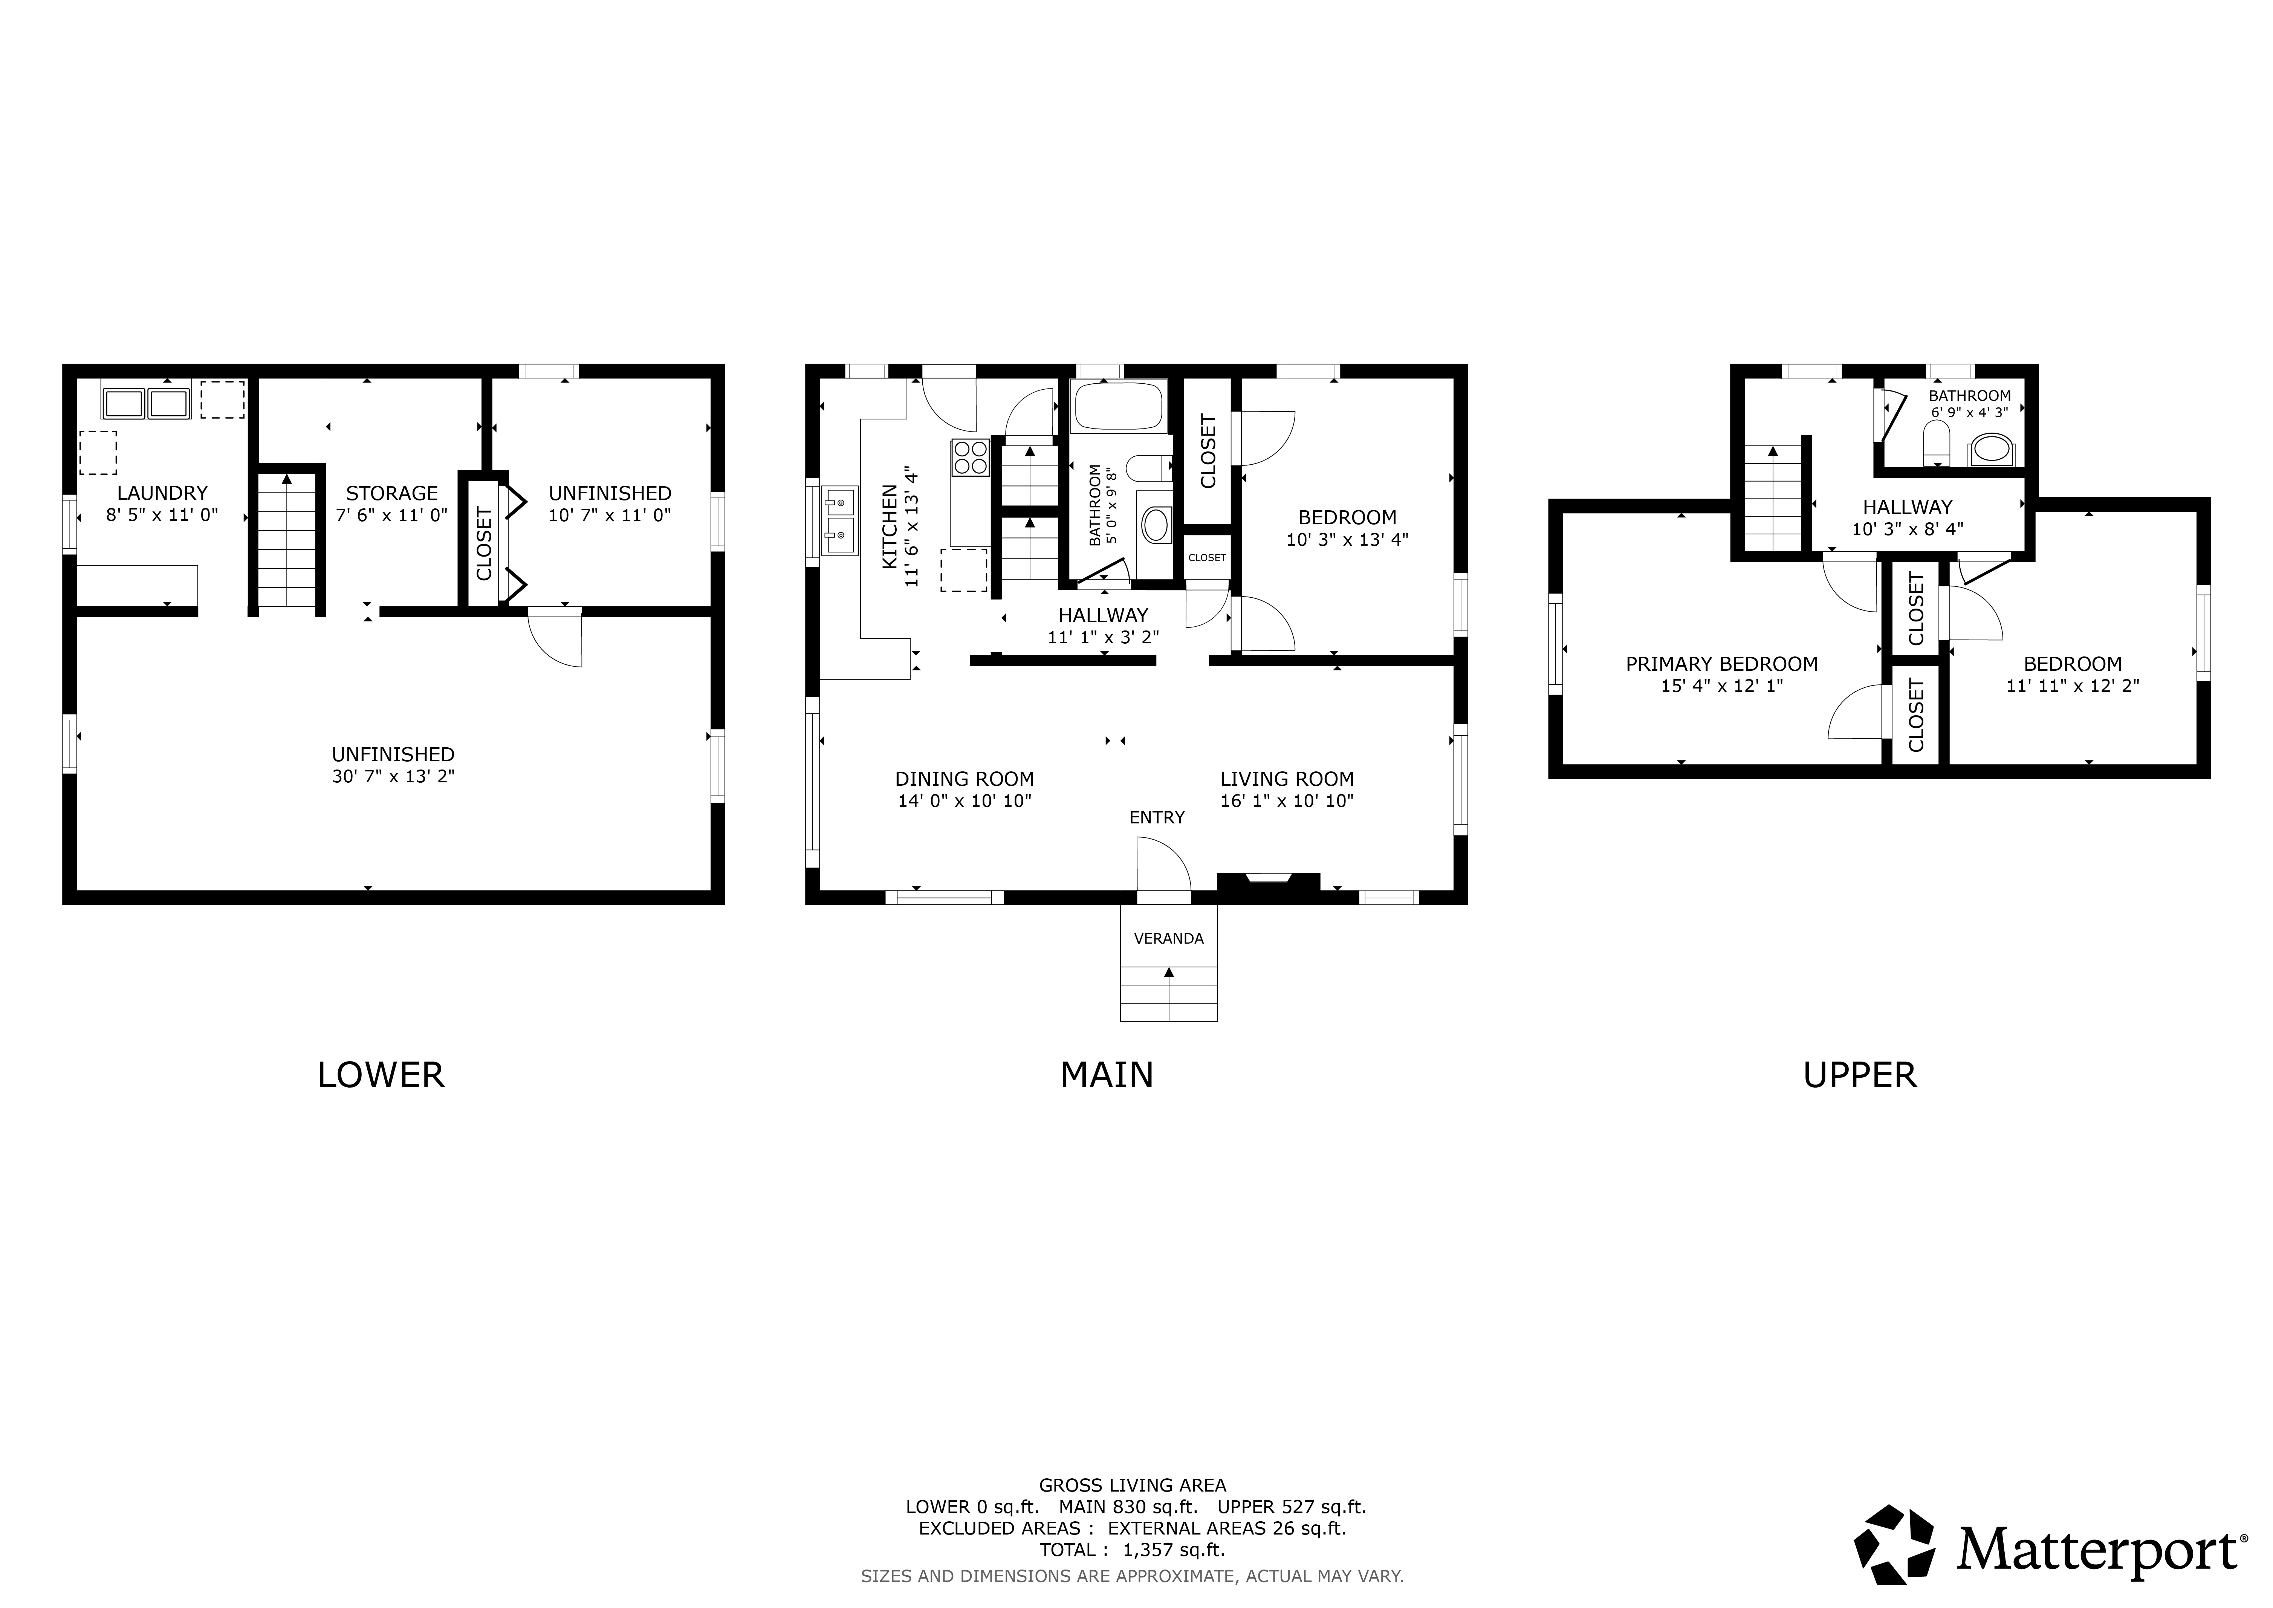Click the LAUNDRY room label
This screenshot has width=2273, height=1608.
coord(162,493)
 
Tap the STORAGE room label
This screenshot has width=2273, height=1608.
coord(392,493)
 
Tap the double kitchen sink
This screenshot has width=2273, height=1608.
coord(839,521)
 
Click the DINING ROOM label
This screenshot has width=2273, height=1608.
coord(964,779)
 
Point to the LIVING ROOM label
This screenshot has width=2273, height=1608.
coord(1287,779)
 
